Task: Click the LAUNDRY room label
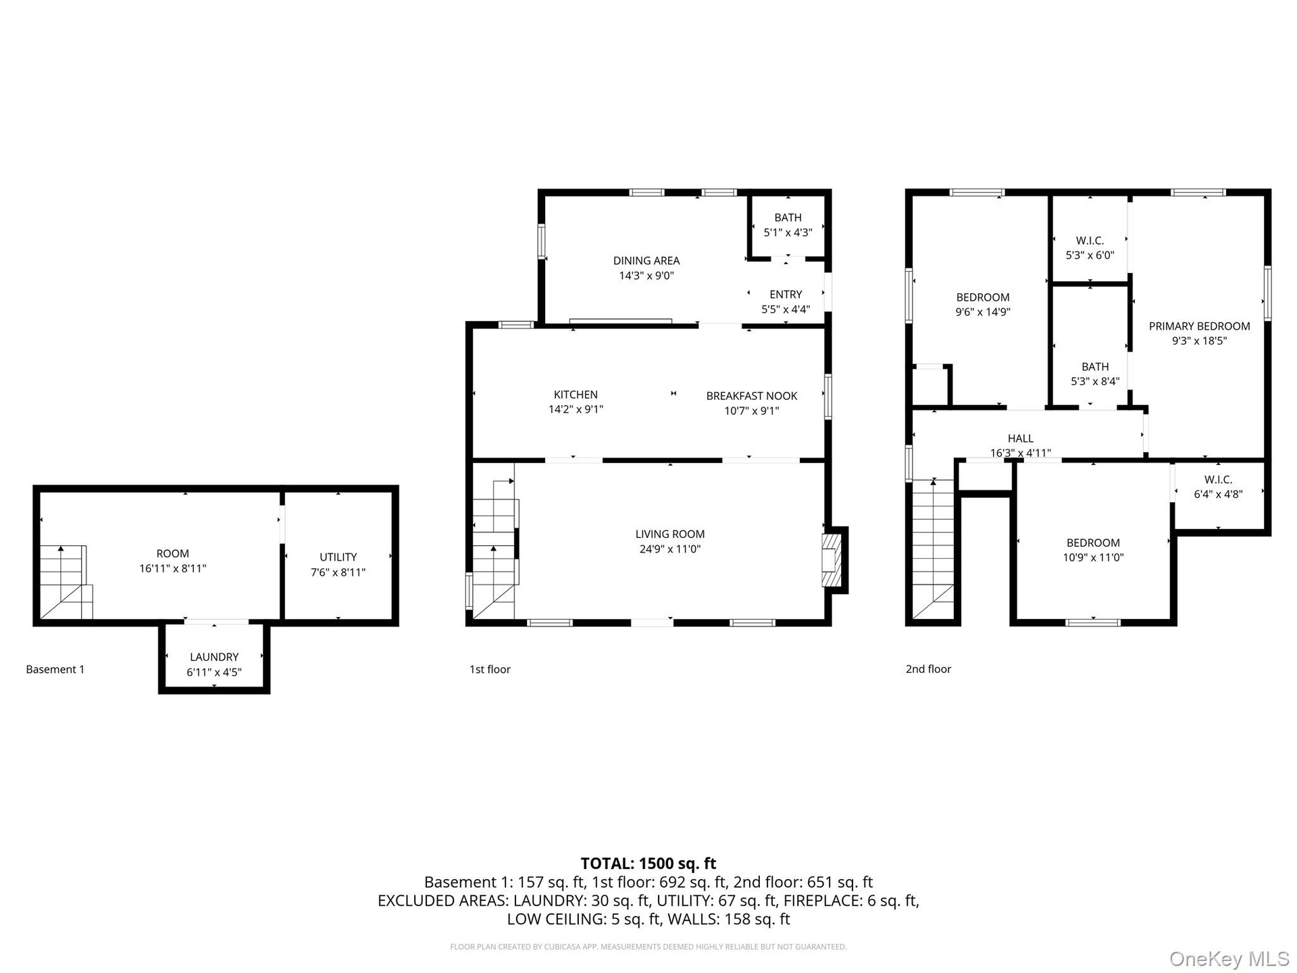point(214,657)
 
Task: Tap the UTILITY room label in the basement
point(338,557)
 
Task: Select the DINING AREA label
point(646,261)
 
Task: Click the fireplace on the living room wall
point(831,560)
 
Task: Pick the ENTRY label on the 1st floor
point(786,295)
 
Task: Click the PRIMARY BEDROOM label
point(1200,326)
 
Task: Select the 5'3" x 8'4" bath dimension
point(1095,381)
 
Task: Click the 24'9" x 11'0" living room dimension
point(670,549)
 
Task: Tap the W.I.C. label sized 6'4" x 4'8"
point(1219,479)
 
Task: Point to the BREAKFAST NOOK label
point(752,396)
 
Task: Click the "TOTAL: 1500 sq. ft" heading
point(648,863)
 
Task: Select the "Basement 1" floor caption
point(55,670)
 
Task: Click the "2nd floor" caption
point(928,669)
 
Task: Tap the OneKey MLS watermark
point(1229,959)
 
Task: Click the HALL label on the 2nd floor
point(1021,439)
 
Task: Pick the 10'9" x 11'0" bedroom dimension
point(1093,557)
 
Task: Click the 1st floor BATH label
point(788,218)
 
